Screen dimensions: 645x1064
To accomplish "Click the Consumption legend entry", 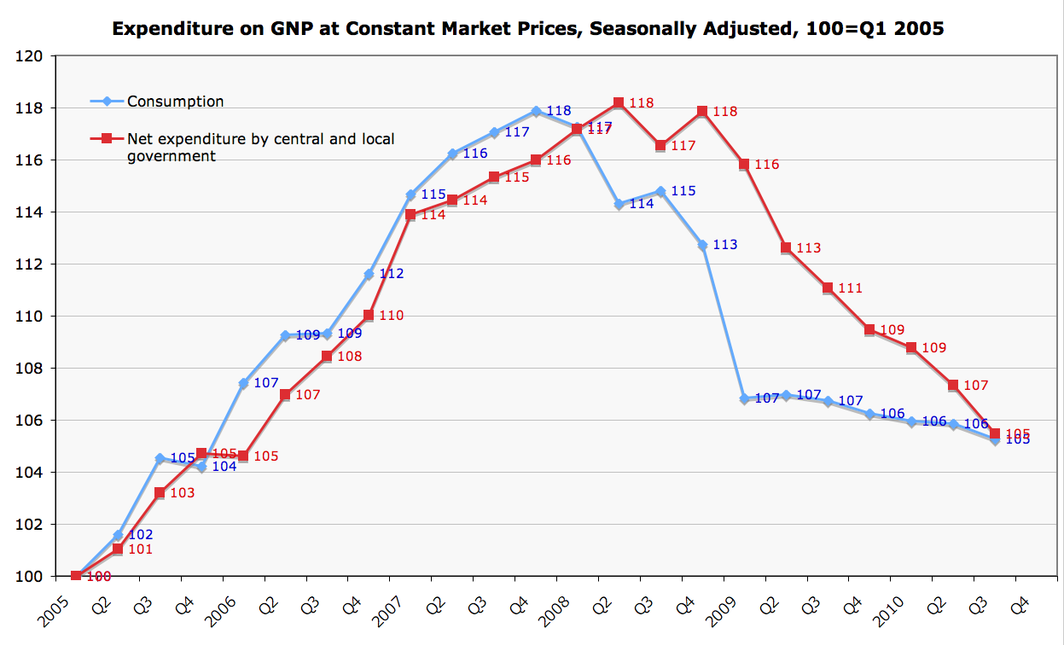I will click(x=175, y=102).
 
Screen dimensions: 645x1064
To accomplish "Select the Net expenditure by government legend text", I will click(x=260, y=147).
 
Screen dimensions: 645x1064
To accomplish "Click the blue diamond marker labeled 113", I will click(x=702, y=245).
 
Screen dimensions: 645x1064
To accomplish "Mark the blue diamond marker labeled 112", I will click(x=369, y=274).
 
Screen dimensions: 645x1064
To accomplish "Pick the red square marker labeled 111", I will click(x=828, y=288).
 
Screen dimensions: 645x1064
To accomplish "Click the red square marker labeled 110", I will click(x=369, y=315).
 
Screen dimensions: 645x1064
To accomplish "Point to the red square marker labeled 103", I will click(x=160, y=492).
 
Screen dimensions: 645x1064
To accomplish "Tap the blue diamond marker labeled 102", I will click(x=118, y=535).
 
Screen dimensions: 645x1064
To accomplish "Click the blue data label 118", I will click(x=558, y=111).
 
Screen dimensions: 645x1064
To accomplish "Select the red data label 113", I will click(x=808, y=248).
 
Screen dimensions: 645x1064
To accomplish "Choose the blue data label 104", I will click(x=224, y=468).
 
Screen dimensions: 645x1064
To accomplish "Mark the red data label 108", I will click(x=349, y=357).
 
